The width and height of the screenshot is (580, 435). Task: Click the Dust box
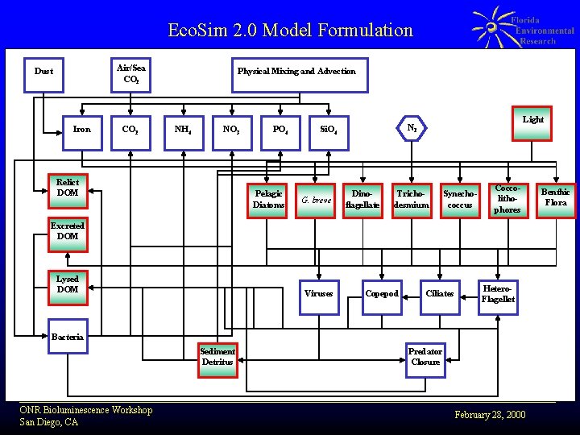[44, 72]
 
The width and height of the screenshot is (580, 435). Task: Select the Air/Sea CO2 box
[130, 73]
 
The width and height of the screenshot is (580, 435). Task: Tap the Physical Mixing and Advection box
[296, 72]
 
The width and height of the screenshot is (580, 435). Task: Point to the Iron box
[82, 129]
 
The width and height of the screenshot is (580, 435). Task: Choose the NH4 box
[183, 129]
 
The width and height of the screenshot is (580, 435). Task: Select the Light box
[532, 120]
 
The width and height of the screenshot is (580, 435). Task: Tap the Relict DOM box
[68, 188]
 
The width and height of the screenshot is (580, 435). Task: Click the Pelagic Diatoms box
[269, 199]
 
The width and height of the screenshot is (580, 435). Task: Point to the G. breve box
[317, 200]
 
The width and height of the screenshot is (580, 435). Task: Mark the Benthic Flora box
[556, 197]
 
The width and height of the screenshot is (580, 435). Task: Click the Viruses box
[319, 294]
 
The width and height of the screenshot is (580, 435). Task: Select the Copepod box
[382, 294]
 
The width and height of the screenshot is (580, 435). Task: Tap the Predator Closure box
[425, 357]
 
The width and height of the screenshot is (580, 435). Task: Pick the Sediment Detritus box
[217, 357]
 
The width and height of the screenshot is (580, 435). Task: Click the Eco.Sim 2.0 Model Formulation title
[290, 31]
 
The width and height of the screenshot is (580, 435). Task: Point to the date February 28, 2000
[490, 415]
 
